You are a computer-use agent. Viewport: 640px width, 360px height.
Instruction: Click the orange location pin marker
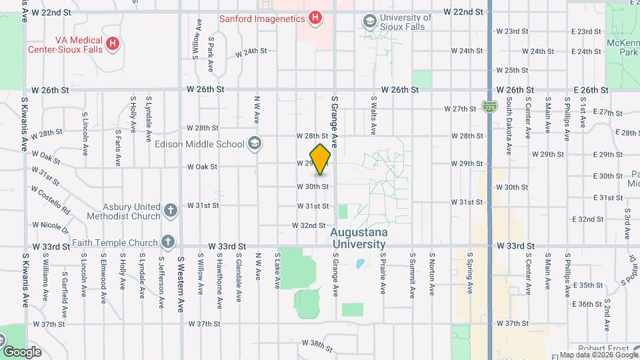point(321,159)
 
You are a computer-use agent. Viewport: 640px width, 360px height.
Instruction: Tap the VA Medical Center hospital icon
point(113,44)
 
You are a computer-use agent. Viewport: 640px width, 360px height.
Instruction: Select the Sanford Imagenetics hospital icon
point(315,18)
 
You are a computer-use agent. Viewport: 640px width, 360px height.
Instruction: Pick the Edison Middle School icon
point(254,143)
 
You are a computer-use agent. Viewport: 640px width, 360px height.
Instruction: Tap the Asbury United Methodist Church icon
point(170,211)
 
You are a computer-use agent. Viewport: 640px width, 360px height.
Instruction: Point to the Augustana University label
point(358,239)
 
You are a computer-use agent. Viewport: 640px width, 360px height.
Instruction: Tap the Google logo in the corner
point(22,351)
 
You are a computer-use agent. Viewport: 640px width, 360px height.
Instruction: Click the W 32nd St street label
point(309,226)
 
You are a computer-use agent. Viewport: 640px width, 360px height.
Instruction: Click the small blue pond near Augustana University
point(360,264)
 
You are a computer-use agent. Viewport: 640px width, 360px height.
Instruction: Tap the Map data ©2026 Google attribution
point(599,355)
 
